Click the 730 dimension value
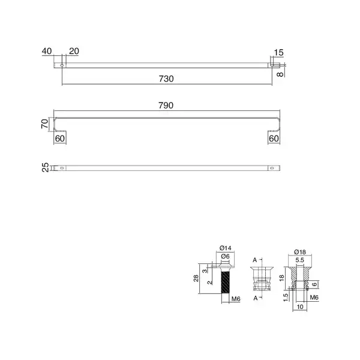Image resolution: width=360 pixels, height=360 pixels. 166,79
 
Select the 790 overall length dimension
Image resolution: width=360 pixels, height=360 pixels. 166,106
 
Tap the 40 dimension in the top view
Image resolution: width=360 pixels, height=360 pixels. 47,51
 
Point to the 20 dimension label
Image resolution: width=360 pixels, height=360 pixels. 74,51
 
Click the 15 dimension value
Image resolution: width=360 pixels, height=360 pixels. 278,53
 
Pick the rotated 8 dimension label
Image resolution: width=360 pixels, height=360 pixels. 280,74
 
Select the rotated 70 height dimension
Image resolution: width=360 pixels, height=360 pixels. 45,124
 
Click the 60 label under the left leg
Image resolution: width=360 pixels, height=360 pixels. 60,139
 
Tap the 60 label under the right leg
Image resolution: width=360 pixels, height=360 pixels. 274,139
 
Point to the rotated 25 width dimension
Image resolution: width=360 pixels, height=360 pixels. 46,167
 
